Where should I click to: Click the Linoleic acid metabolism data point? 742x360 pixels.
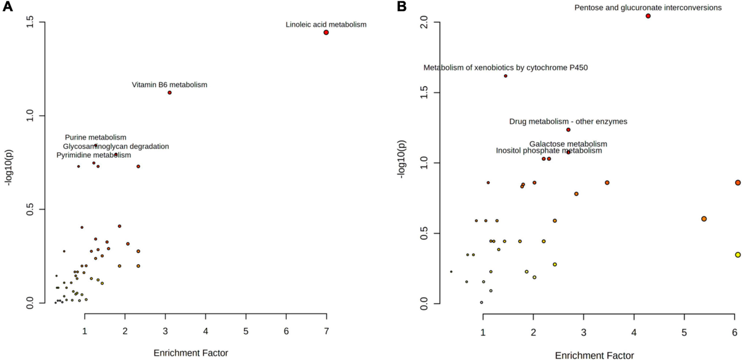point(326,32)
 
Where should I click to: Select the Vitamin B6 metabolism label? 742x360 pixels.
point(169,84)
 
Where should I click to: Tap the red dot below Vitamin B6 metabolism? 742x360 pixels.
point(169,93)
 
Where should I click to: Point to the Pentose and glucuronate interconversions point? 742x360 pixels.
point(648,16)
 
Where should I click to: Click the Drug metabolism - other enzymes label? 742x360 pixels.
point(568,121)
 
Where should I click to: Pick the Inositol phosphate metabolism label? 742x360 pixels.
point(548,150)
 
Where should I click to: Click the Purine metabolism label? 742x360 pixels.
point(95,137)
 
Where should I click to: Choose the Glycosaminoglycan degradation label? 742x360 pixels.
point(116,146)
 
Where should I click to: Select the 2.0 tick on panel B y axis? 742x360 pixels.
point(408,22)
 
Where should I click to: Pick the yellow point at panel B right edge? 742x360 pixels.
point(738,255)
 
